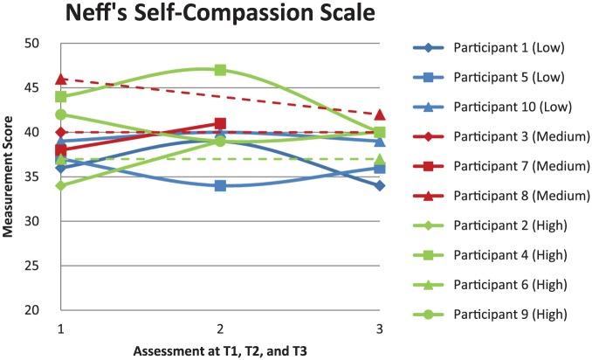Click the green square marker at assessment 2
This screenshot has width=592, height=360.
221,70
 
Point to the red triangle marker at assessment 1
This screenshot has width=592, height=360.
61,80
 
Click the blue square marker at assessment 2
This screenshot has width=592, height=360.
221,185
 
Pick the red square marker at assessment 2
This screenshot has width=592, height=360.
221,123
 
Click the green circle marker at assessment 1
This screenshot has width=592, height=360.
61,114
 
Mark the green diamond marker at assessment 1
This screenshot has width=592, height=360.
61,185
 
